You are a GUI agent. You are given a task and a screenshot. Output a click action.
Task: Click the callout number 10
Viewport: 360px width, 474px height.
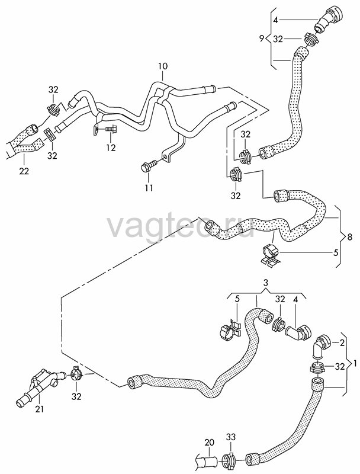(162, 66)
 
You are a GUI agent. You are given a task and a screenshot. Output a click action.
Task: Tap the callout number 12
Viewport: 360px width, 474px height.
(111, 148)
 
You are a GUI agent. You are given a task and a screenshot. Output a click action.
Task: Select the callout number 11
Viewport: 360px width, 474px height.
(149, 188)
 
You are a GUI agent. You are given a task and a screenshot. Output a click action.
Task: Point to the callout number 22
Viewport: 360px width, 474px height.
(24, 171)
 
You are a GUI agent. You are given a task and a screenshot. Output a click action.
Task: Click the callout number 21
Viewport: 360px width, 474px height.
(40, 409)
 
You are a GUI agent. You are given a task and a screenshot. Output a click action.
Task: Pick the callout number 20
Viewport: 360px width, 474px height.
(209, 442)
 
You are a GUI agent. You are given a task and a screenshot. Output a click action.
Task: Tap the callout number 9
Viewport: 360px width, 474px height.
(262, 39)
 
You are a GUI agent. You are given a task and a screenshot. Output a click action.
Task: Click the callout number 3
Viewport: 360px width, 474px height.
(265, 283)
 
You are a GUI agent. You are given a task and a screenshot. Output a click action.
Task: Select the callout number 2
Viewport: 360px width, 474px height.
(342, 343)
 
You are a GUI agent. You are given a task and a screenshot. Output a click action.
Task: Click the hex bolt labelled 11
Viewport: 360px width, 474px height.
(149, 166)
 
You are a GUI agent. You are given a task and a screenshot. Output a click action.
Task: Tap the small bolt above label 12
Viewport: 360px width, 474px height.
(111, 129)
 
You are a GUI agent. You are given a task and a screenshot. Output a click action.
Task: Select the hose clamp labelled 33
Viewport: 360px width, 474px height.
(230, 459)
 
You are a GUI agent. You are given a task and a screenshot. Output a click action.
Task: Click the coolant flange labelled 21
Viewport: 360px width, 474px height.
(39, 386)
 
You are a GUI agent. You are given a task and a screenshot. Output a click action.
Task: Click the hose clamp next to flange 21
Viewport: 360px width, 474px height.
(76, 376)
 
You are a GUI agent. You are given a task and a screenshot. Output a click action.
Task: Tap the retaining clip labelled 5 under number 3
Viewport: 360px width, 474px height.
(230, 330)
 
